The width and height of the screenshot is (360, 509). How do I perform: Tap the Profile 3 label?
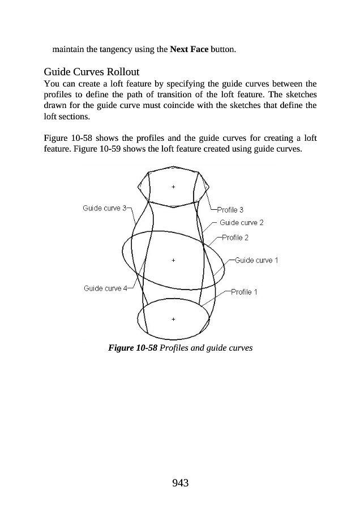click(230, 210)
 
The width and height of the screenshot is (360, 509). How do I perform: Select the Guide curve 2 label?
click(242, 223)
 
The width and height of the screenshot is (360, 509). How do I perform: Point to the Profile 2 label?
click(235, 238)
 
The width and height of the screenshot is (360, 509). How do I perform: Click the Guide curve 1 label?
click(256, 260)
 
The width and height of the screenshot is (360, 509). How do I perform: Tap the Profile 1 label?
click(245, 292)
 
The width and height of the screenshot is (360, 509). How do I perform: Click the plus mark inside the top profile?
click(173, 186)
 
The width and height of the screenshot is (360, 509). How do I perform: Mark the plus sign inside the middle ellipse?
click(173, 260)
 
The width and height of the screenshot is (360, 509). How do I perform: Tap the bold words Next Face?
click(189, 49)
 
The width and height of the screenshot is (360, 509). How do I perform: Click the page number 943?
click(180, 482)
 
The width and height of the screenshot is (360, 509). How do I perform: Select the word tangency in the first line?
click(118, 49)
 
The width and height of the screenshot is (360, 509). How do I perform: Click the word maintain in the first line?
click(68, 49)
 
